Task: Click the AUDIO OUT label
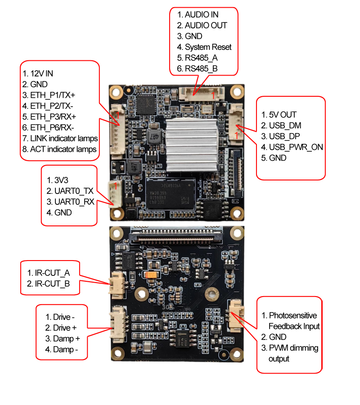206,25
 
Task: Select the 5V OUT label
282,115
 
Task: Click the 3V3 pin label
62,180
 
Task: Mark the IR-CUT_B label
49,284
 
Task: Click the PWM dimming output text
293,353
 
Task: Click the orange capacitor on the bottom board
151,274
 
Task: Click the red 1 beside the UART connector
116,185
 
